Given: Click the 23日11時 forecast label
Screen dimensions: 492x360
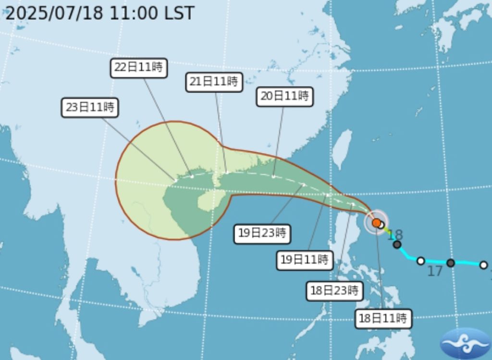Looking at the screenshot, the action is (90, 107).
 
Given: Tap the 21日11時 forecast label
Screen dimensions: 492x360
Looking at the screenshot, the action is (214, 82).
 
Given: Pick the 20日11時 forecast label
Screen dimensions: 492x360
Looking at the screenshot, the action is (284, 96).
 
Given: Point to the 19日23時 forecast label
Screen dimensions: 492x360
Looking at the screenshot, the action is (262, 234).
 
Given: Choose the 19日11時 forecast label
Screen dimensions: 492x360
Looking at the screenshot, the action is (305, 260).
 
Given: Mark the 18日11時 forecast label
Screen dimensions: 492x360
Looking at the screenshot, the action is (383, 318).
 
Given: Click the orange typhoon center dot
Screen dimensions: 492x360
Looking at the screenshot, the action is (376, 223).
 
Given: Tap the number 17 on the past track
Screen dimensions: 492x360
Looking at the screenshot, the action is (434, 272).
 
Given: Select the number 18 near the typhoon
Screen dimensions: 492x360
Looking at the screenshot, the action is (395, 235).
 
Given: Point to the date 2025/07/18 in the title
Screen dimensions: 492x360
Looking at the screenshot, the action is (54, 13).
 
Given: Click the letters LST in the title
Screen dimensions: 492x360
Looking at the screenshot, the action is (179, 13).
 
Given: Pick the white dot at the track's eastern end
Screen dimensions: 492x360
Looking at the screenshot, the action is (483, 265).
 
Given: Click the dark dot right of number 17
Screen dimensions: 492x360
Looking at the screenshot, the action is (451, 263).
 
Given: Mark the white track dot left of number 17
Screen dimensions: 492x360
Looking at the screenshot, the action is (421, 261).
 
